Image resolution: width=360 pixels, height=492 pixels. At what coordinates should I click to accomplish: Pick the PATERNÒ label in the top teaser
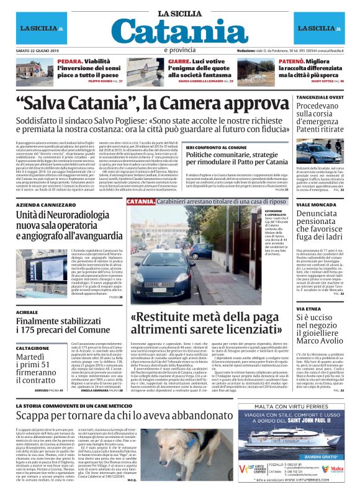(x=275, y=61)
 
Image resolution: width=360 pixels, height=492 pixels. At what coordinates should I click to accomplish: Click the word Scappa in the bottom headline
(x=39, y=416)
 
